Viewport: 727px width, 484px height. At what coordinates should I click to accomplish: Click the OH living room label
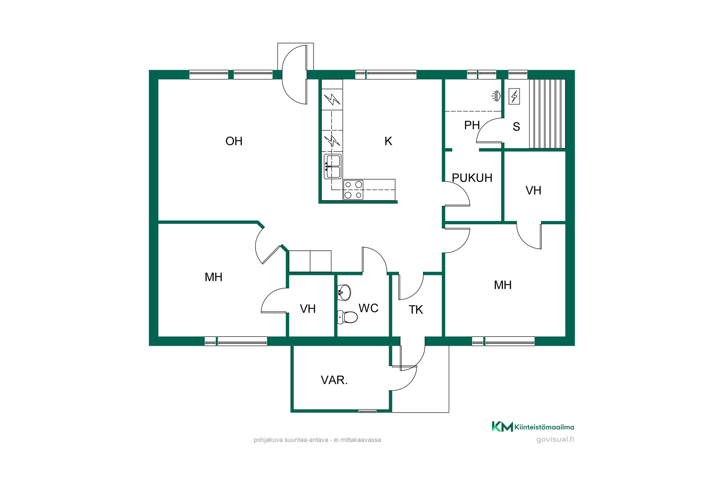pos(234,141)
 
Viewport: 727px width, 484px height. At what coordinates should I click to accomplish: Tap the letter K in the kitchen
pos(388,141)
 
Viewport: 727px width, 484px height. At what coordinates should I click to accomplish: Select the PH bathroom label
pos(472,125)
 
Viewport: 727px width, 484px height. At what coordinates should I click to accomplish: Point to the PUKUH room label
pos(472,178)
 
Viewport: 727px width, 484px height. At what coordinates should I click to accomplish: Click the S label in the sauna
pos(516,127)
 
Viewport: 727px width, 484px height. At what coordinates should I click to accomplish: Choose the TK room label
pos(416,310)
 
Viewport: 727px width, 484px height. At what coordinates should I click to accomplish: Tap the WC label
pos(368,308)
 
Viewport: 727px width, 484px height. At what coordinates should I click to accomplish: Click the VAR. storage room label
pos(334,380)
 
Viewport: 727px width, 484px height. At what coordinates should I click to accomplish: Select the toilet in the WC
pos(347,317)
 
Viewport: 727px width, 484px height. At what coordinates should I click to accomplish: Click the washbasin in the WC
pos(344,292)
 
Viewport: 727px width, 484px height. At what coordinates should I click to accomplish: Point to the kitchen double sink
pos(332,166)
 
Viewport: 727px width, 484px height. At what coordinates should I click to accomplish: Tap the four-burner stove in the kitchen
pos(353,190)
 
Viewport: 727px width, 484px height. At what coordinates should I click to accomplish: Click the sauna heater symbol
pos(514,96)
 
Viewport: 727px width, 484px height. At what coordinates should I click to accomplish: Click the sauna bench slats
pos(547,113)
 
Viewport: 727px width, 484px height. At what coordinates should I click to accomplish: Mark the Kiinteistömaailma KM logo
pos(533,427)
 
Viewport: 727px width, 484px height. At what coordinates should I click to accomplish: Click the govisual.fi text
pos(555,439)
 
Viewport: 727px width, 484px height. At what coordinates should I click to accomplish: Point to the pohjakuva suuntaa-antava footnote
pos(317,440)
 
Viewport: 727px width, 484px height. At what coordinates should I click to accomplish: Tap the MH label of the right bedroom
pos(502,285)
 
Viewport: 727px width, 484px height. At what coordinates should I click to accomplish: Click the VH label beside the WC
pos(307,309)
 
